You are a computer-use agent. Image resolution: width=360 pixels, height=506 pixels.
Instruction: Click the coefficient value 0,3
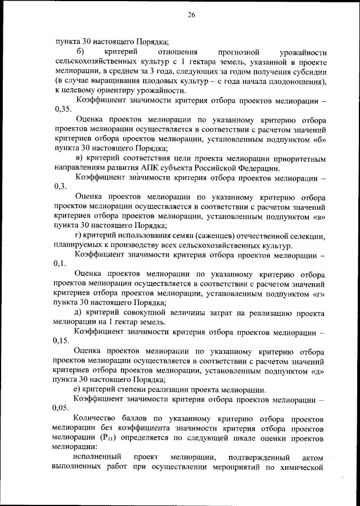[60, 187]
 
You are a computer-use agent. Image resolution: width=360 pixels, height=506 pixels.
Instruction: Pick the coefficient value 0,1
[60, 263]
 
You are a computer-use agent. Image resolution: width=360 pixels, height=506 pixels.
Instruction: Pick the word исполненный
[95, 458]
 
